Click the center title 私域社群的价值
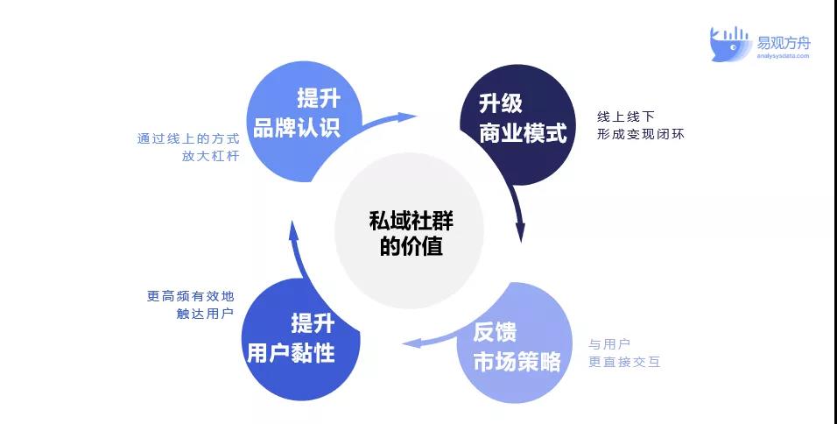click(411, 234)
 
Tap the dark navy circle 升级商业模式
click(517, 124)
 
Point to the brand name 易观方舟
click(783, 42)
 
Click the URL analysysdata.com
click(783, 55)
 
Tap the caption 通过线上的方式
click(188, 138)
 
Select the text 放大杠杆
click(210, 157)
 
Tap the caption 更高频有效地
click(191, 296)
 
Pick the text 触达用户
click(206, 314)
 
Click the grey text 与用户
click(610, 344)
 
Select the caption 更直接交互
click(624, 362)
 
